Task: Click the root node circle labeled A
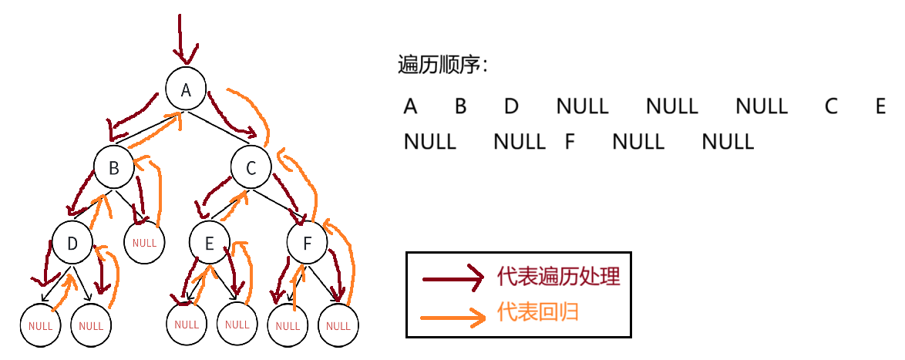(185, 89)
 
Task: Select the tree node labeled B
(114, 168)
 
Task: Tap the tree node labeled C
(251, 168)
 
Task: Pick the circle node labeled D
(72, 244)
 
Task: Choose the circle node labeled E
(209, 244)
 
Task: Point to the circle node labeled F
(307, 244)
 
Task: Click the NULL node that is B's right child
(144, 243)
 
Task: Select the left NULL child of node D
(40, 325)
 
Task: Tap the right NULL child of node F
(338, 325)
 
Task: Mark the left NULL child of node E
(187, 325)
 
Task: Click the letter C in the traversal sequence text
(830, 106)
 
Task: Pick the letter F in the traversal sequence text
(570, 142)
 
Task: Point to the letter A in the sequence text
(410, 106)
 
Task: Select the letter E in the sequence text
(881, 106)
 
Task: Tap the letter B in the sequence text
(460, 106)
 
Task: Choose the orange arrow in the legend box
(452, 315)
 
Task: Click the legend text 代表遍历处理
(558, 277)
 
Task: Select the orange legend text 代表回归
(537, 312)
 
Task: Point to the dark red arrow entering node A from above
(181, 39)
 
